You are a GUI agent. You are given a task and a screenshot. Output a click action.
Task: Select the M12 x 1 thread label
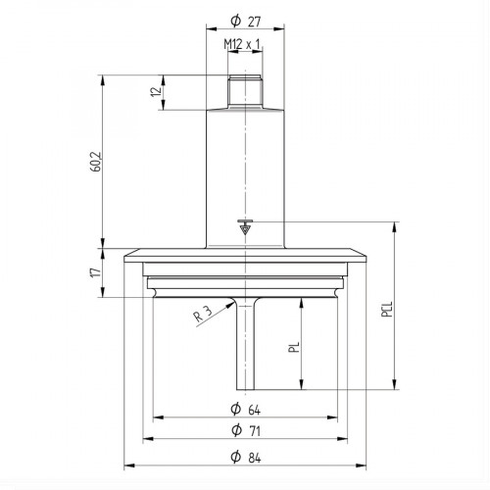(245, 45)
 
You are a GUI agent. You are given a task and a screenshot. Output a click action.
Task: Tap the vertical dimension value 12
(154, 92)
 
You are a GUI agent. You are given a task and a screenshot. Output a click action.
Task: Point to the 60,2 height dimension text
(93, 163)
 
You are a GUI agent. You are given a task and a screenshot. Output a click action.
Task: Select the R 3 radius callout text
(201, 314)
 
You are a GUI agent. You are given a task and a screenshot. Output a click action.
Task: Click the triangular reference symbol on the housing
(245, 228)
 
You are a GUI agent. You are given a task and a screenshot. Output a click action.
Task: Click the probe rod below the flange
(245, 343)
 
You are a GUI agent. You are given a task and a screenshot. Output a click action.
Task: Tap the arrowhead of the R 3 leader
(233, 303)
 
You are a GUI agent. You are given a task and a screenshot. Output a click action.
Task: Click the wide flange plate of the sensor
(245, 257)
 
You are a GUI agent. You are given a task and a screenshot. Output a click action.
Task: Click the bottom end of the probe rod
(245, 383)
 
